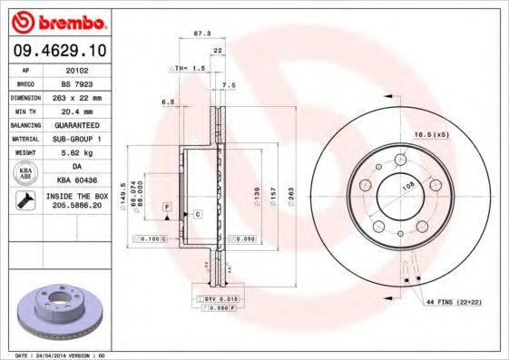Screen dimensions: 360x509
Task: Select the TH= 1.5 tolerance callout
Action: (x=189, y=68)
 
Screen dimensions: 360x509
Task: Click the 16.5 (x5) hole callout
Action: (x=432, y=134)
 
